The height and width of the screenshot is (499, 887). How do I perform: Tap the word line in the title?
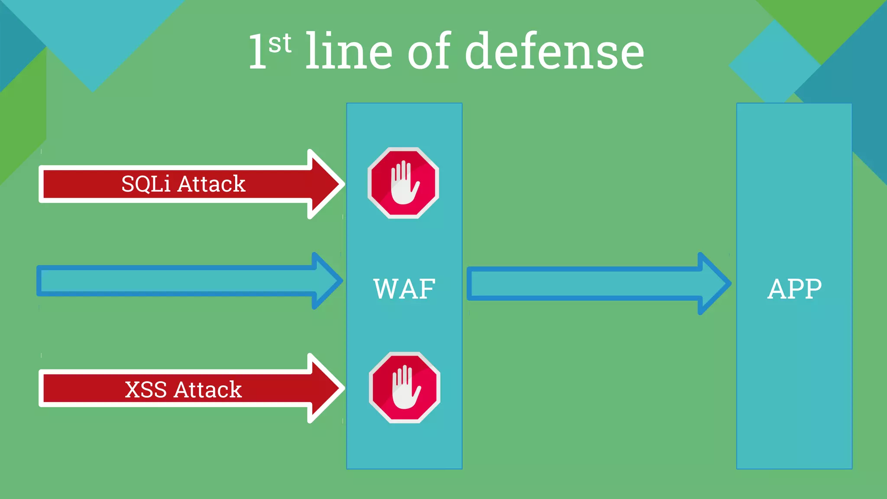pos(349,52)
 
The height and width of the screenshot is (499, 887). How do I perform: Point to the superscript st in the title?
pos(280,43)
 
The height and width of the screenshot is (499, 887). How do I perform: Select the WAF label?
pos(404,289)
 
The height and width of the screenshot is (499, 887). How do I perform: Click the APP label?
pos(794,289)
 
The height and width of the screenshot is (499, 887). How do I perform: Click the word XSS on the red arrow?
pos(146,389)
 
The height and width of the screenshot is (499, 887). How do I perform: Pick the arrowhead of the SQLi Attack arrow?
pos(325,184)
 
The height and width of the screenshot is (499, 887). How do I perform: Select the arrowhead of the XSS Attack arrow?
pos(325,389)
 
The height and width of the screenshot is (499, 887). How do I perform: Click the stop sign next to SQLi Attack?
pos(403,183)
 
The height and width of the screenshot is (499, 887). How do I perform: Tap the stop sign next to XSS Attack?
pos(405,387)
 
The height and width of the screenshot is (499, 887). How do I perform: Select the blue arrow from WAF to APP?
pos(585,284)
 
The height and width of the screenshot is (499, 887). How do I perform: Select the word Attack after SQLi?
pos(211,184)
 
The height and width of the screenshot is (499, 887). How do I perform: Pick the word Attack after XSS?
pos(207,389)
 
